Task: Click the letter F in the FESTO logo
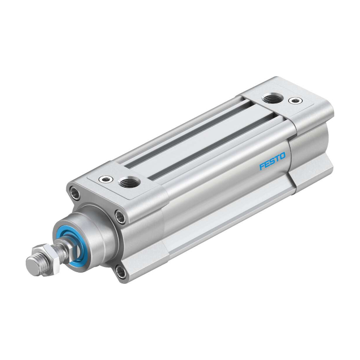(x=262, y=166)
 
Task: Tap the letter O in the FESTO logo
(x=282, y=156)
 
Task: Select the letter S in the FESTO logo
(x=272, y=161)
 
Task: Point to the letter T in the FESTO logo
(x=277, y=158)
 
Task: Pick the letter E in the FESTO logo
(x=267, y=164)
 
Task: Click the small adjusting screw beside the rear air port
(x=295, y=100)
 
